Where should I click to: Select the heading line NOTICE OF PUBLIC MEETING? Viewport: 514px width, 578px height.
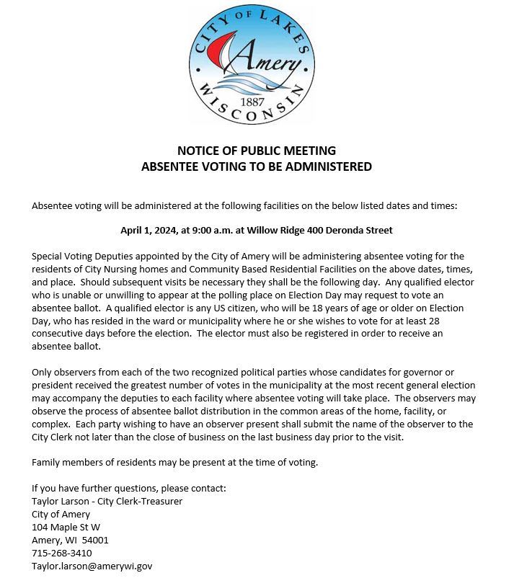(x=257, y=151)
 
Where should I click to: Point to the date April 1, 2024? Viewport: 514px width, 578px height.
(x=149, y=231)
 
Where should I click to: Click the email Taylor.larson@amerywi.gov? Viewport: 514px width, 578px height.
(x=92, y=566)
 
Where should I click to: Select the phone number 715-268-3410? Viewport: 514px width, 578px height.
(x=62, y=553)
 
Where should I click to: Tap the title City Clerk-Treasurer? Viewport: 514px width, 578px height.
(x=141, y=502)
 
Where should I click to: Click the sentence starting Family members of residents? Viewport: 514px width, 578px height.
(x=174, y=462)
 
